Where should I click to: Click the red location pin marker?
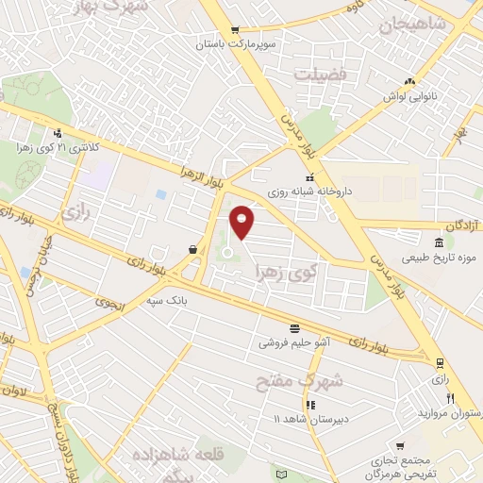(x=243, y=223)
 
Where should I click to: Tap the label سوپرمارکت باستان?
(x=236, y=44)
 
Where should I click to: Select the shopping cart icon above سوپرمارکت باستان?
(x=236, y=30)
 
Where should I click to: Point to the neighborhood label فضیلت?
(x=320, y=74)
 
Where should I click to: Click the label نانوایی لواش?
(x=408, y=96)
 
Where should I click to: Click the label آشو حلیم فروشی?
(x=294, y=343)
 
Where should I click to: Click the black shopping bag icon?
(x=193, y=250)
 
